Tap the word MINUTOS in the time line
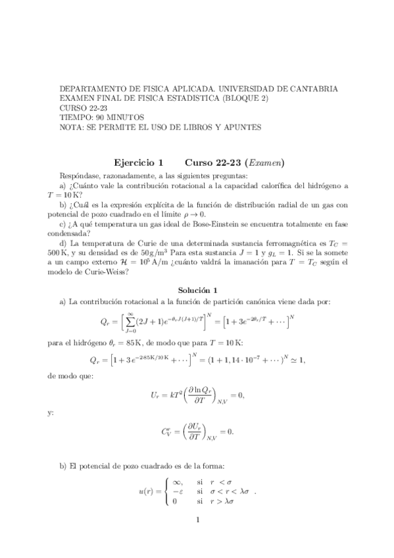[x=125, y=117]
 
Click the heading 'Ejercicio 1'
[x=138, y=163]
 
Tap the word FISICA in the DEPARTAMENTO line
[x=145, y=88]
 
